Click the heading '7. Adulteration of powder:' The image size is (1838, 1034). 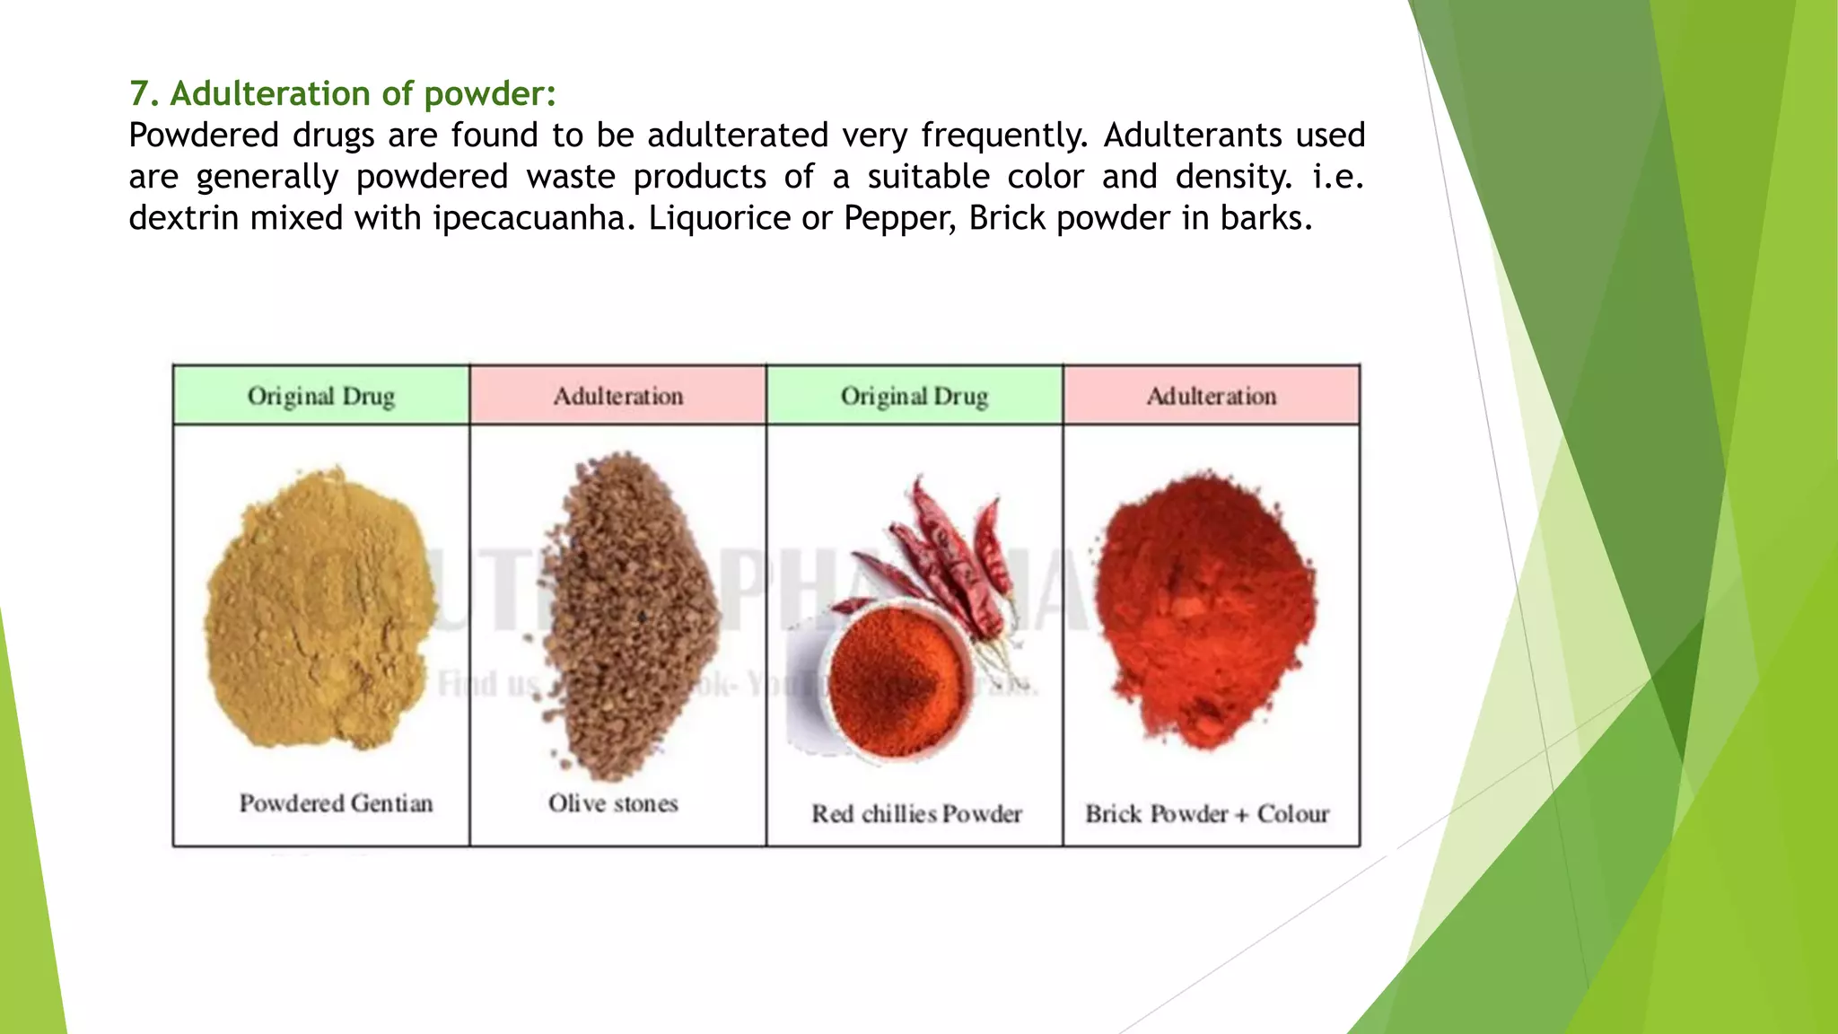pyautogui.click(x=342, y=93)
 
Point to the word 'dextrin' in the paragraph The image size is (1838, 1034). pyautogui.click(x=183, y=218)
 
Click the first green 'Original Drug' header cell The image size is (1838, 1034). pyautogui.click(x=320, y=396)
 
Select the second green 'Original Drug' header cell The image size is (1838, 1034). pyautogui.click(x=914, y=396)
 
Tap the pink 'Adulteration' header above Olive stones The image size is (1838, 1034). pyautogui.click(x=617, y=396)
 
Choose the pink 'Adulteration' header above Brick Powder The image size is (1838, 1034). pyautogui.click(x=1211, y=396)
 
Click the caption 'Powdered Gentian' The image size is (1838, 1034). pyautogui.click(x=336, y=803)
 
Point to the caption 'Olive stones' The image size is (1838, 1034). pyautogui.click(x=613, y=803)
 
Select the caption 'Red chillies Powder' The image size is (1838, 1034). pyautogui.click(x=916, y=814)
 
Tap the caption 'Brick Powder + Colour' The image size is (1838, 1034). pyautogui.click(x=1207, y=814)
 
